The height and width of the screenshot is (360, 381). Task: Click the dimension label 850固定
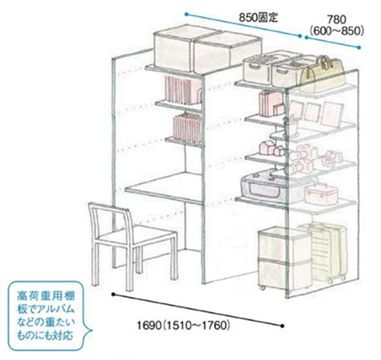258,18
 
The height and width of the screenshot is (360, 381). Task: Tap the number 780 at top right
336,20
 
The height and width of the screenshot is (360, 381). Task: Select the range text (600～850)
337,31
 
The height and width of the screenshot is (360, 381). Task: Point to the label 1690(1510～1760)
184,325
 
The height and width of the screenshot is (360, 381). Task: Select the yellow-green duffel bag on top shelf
322,74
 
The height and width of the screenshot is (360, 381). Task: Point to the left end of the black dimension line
114,295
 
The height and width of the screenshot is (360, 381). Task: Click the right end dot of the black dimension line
283,326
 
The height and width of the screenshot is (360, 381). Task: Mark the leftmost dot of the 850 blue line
187,14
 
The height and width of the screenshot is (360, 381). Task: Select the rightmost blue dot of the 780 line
359,47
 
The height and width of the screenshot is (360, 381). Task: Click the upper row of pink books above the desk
182,89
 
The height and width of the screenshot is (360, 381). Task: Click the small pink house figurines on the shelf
272,148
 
